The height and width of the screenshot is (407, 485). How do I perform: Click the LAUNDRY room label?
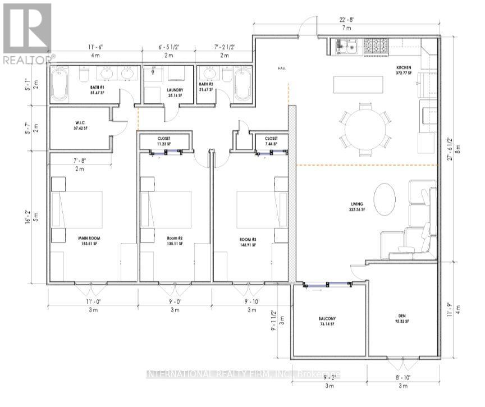tap(168, 90)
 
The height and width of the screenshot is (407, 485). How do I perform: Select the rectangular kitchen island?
tap(358, 85)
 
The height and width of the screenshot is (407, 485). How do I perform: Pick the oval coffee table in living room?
tap(385, 199)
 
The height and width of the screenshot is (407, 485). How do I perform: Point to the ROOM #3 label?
tap(248, 239)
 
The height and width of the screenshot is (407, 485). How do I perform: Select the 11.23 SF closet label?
tap(164, 142)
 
